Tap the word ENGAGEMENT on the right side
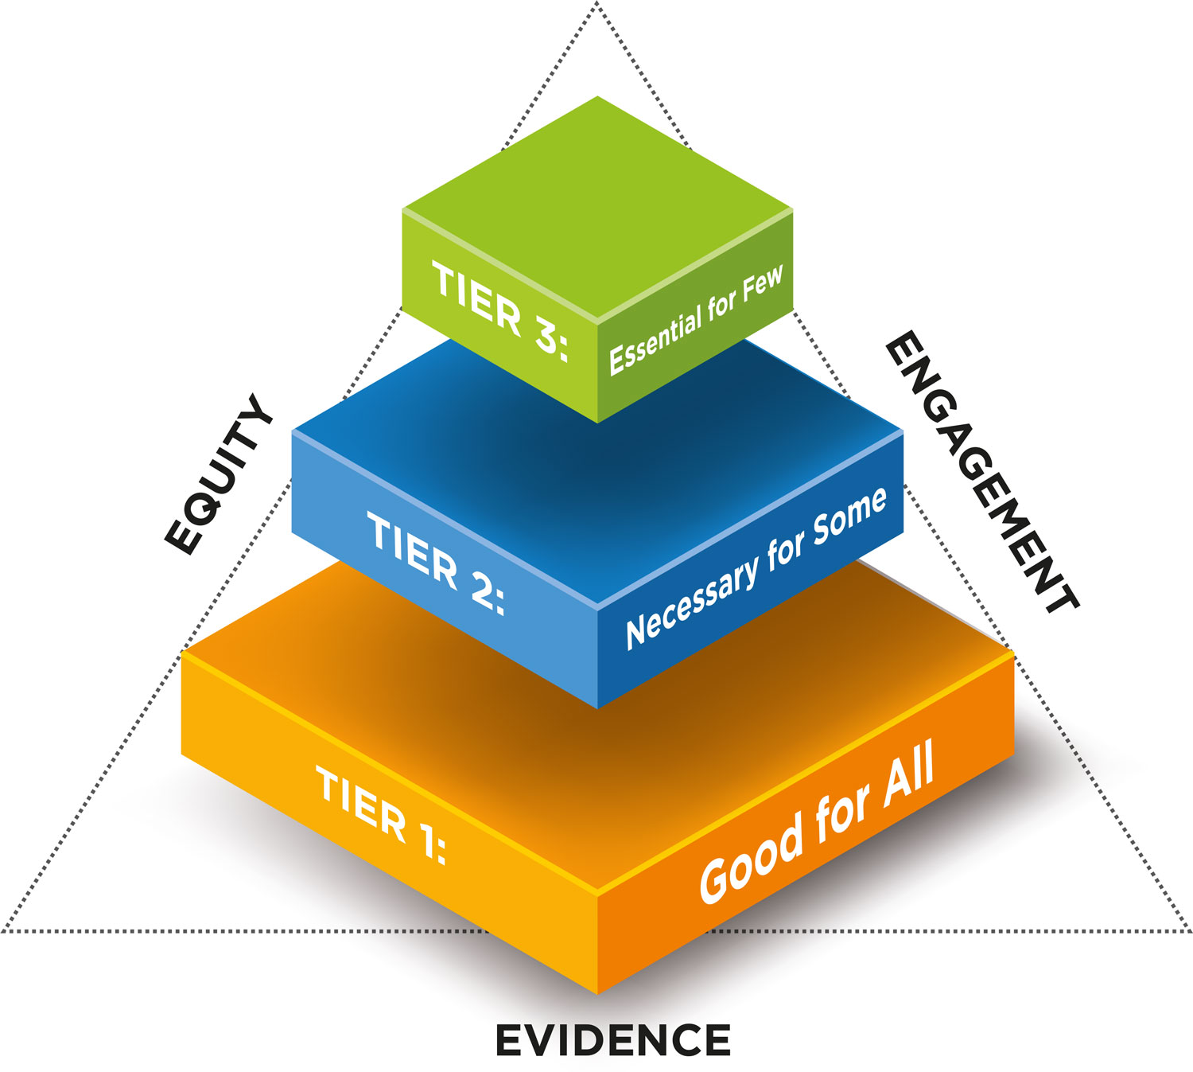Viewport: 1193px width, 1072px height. coord(981,473)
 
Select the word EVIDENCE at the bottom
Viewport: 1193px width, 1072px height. coord(612,1041)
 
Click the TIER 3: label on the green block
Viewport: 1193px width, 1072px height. coord(499,311)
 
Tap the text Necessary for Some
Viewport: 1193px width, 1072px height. coord(756,568)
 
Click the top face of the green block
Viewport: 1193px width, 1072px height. coord(597,207)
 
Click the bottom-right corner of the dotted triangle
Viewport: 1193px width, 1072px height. coord(1188,930)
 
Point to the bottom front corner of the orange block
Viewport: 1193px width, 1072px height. coord(597,992)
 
